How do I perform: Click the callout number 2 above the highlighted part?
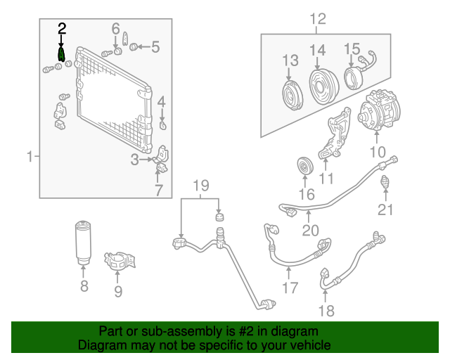point(62,28)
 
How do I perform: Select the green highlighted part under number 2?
point(62,53)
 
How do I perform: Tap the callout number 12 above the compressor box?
point(318,19)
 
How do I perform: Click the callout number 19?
point(201,186)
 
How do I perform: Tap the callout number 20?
point(309,231)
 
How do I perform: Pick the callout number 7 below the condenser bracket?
point(159,190)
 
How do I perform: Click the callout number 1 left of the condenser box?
point(30,156)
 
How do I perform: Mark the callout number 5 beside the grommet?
point(155,48)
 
